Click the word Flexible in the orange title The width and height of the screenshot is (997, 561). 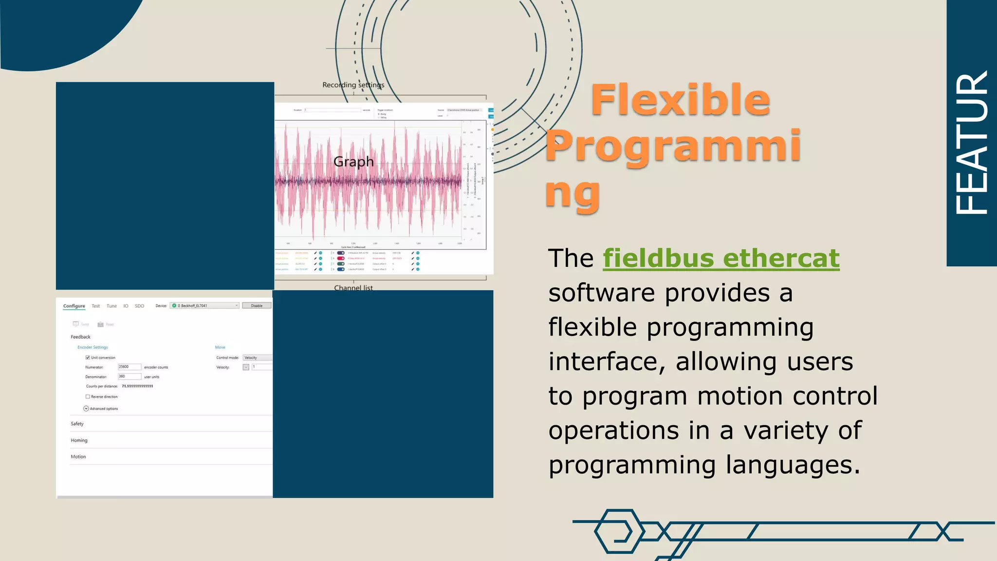[680, 100]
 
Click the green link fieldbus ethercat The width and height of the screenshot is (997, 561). [721, 258]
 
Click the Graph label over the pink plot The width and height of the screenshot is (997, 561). [353, 162]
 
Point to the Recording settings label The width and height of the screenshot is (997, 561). [353, 85]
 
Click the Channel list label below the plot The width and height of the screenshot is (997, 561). [353, 288]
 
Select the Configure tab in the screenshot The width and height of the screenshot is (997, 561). [74, 306]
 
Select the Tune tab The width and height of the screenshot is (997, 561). [111, 306]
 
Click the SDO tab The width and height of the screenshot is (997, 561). [139, 306]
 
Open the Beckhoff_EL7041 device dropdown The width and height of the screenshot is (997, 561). [204, 305]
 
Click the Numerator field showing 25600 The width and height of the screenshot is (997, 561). [129, 367]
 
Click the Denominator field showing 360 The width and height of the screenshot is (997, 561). [129, 376]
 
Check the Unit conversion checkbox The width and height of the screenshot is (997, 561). [88, 357]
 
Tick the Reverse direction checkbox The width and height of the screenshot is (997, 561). [88, 396]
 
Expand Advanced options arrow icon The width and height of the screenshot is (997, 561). [86, 409]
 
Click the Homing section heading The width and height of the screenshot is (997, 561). [79, 440]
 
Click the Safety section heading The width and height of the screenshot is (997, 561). [77, 424]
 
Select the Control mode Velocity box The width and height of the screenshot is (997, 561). [257, 357]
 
